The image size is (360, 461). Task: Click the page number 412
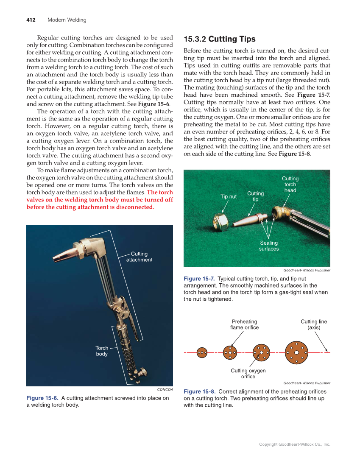pyautogui.click(x=31, y=20)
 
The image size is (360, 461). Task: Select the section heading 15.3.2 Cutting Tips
pyautogui.click(x=219, y=39)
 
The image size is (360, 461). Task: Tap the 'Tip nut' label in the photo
pyautogui.click(x=229, y=196)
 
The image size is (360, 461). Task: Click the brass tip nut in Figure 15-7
pyautogui.click(x=222, y=221)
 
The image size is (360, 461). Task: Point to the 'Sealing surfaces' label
pyautogui.click(x=269, y=246)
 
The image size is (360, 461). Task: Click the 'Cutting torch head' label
pyautogui.click(x=290, y=184)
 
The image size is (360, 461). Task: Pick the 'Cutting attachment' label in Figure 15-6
pyautogui.click(x=139, y=257)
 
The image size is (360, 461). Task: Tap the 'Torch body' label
pyautogui.click(x=102, y=351)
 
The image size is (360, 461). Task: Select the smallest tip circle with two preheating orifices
pyautogui.click(x=202, y=352)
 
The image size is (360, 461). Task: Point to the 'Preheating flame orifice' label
pyautogui.click(x=244, y=324)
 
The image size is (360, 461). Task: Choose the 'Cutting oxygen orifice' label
pyautogui.click(x=248, y=374)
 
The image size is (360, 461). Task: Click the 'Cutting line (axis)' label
pyautogui.click(x=314, y=324)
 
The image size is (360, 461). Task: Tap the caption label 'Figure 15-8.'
pyautogui.click(x=199, y=391)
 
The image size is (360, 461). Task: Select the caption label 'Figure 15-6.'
pyautogui.click(x=42, y=398)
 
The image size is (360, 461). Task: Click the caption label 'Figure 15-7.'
pyautogui.click(x=199, y=279)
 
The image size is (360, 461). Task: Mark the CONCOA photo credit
pyautogui.click(x=165, y=389)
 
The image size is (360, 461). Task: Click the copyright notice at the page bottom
pyautogui.click(x=294, y=444)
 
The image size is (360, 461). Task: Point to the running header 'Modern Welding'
pyautogui.click(x=67, y=20)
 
